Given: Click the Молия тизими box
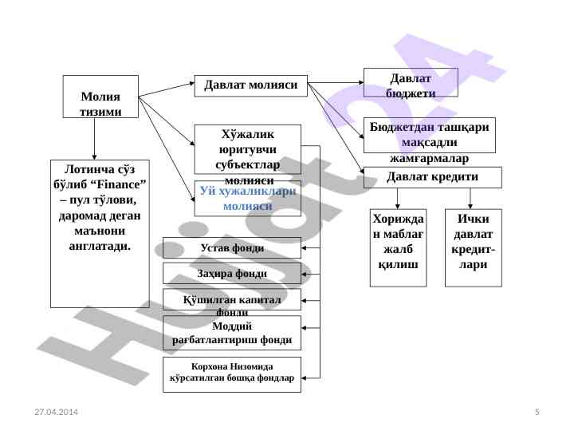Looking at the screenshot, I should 100,97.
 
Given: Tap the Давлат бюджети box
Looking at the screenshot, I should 411,82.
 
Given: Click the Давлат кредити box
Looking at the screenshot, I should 432,177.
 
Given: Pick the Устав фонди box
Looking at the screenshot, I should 231,247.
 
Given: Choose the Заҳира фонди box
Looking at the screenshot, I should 231,274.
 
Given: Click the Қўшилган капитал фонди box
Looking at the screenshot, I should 231,299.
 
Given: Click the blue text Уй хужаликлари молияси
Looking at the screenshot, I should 248,198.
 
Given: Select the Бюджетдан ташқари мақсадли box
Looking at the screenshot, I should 430,135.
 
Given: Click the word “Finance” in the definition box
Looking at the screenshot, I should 121,184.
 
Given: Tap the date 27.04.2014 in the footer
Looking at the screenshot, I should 56,411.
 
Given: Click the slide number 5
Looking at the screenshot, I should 537,411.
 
